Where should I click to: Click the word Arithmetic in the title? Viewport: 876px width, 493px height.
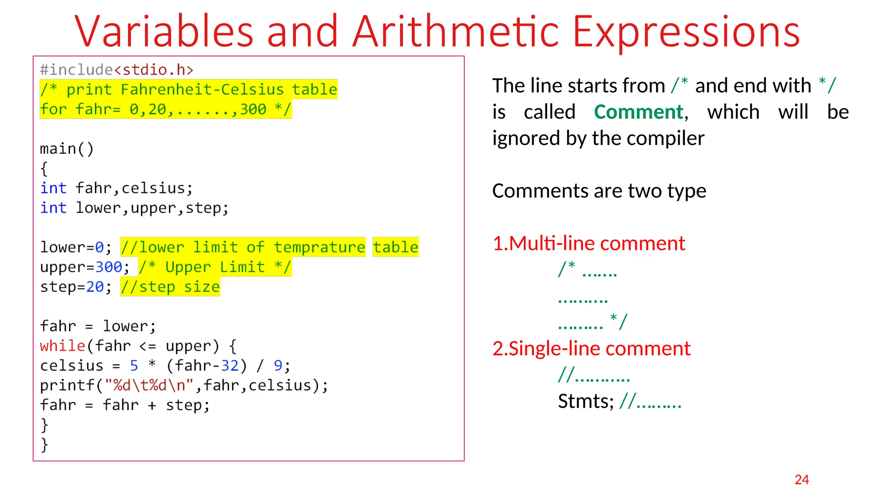(x=456, y=32)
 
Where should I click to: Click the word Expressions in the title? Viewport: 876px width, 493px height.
(x=686, y=32)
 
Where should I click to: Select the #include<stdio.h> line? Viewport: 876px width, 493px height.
(x=116, y=69)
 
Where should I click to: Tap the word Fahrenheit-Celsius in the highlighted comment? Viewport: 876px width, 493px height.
(x=202, y=89)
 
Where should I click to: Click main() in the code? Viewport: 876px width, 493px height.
(x=66, y=149)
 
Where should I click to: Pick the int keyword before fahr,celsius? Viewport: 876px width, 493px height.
(x=53, y=188)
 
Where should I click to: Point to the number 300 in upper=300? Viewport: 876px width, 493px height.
(x=109, y=267)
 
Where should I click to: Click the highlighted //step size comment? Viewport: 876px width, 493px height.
(x=170, y=287)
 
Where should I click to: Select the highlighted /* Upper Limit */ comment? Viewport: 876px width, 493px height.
(x=215, y=267)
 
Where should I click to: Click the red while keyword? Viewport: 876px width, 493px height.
(x=62, y=346)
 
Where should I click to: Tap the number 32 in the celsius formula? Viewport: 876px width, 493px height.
(x=230, y=365)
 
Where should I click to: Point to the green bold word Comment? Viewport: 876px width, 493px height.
(x=639, y=112)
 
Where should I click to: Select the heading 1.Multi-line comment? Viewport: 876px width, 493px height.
(x=589, y=243)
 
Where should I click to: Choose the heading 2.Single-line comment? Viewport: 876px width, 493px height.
(x=591, y=348)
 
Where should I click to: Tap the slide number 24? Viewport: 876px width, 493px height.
(x=802, y=479)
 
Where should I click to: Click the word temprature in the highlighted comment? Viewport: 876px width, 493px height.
(x=320, y=247)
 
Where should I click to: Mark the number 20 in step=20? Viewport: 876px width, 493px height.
(x=95, y=287)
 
